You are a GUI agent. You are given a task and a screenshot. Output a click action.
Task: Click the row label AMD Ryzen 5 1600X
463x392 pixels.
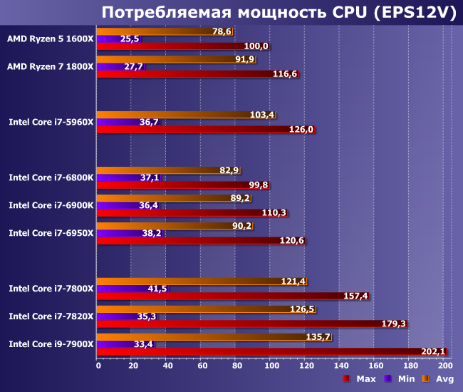point(50,38)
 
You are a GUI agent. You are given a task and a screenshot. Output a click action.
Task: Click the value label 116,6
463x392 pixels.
point(286,74)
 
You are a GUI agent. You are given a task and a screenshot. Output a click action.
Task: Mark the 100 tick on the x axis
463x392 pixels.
point(272,366)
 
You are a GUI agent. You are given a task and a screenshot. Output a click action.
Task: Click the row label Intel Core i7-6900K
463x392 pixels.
point(51,205)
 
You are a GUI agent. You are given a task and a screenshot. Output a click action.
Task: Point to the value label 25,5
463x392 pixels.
point(130,38)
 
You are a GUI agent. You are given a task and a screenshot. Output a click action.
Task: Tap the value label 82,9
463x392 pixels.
point(229,170)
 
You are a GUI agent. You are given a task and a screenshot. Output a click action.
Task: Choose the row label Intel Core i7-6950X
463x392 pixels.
point(51,233)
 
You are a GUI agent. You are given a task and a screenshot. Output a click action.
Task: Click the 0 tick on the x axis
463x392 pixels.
point(98,366)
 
